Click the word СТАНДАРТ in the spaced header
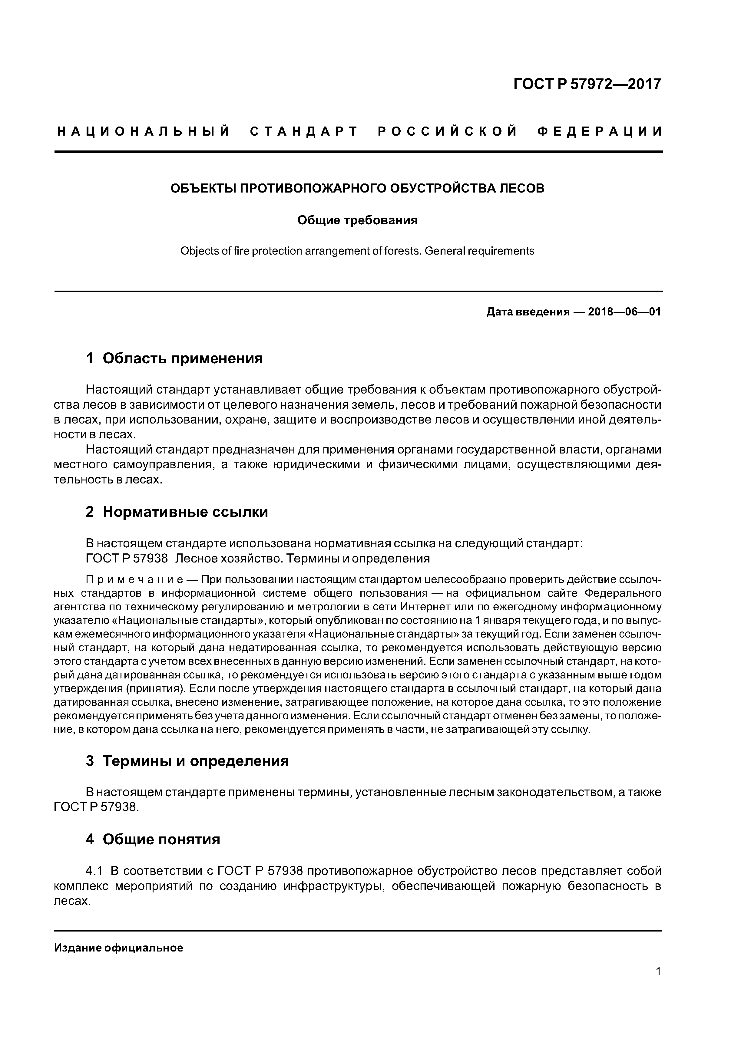(x=304, y=132)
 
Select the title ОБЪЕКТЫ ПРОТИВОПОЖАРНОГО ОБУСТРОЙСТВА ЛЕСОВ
(x=357, y=188)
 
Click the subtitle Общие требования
(x=357, y=220)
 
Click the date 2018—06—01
(x=624, y=312)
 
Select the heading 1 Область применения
(x=174, y=358)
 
